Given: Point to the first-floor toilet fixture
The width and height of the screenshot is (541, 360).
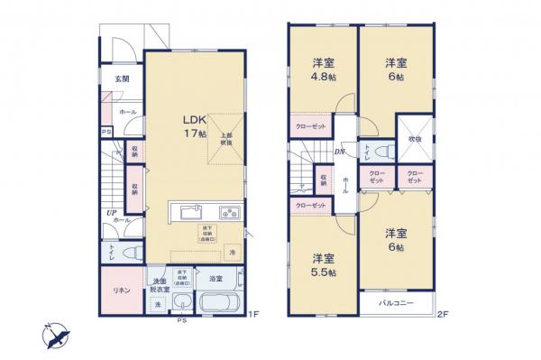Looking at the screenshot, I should pyautogui.click(x=129, y=253).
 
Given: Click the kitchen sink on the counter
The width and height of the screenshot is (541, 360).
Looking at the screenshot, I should pyautogui.click(x=191, y=213).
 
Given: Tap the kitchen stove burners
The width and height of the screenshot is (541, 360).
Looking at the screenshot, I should pyautogui.click(x=229, y=213).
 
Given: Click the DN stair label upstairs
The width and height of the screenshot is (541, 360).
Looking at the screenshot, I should pyautogui.click(x=341, y=151).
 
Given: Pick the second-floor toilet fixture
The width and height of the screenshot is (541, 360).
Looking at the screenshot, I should pyautogui.click(x=383, y=152).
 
